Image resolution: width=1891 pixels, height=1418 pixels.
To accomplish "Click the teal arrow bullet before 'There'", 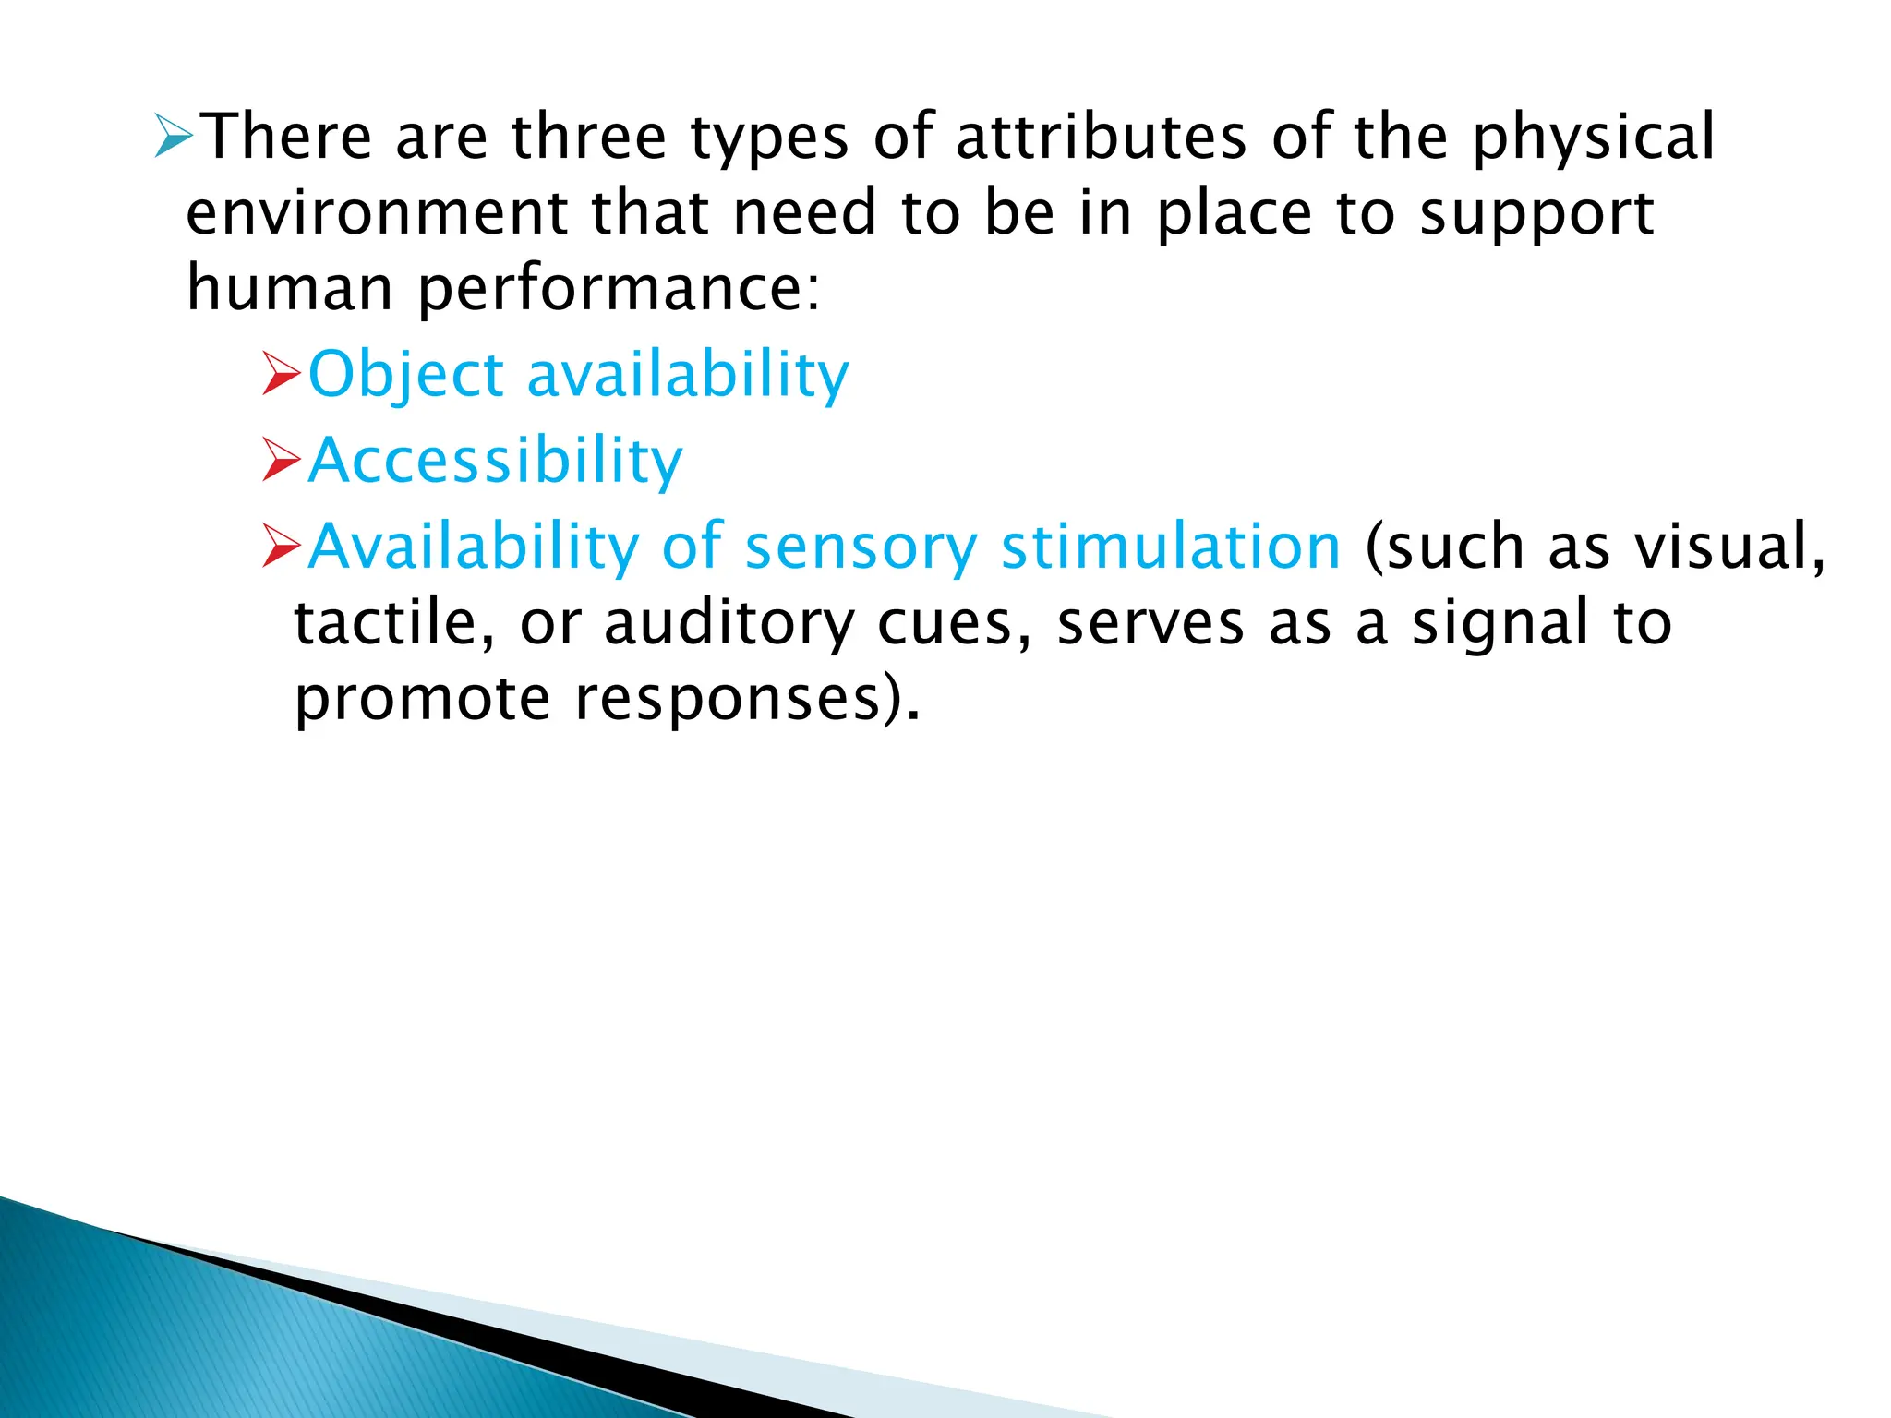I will [x=174, y=137].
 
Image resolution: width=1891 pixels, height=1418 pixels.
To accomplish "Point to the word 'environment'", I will [x=377, y=212].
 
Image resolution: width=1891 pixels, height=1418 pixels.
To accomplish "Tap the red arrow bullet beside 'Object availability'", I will [x=282, y=373].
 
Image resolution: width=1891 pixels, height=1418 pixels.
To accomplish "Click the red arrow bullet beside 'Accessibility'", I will [x=282, y=460].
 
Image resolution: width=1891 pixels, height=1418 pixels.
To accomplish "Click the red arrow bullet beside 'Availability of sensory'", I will [x=282, y=545].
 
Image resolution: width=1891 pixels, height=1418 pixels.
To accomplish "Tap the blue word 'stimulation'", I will [x=1170, y=547].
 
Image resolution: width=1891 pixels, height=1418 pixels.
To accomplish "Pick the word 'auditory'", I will [x=729, y=624].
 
